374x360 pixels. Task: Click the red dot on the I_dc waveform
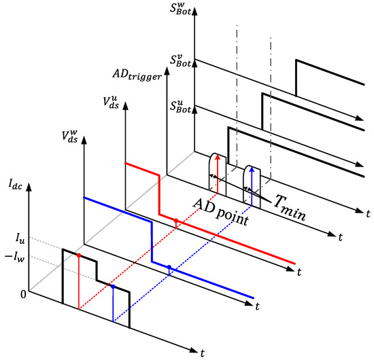pos(80,255)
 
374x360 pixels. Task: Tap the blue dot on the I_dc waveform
pos(113,287)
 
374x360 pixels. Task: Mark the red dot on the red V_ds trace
pos(176,221)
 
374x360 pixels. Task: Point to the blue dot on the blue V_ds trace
pos(169,269)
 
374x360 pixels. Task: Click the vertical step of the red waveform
pos(159,195)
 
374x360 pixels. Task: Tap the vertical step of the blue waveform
pos(151,241)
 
